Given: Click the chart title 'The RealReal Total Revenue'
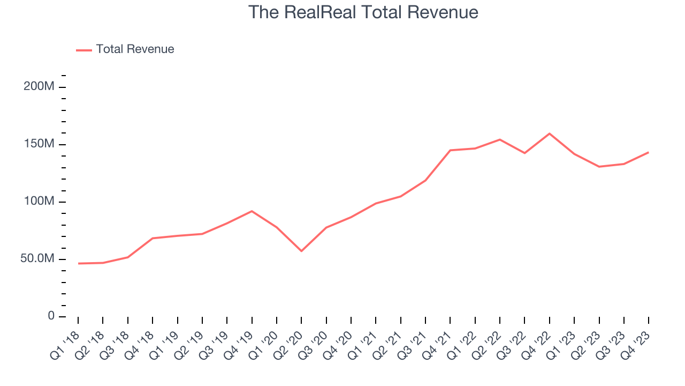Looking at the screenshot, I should (x=363, y=12).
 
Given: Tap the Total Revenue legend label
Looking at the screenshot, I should (x=135, y=49).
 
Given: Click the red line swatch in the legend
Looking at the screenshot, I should (x=84, y=50).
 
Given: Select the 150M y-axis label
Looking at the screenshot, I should (x=39, y=144).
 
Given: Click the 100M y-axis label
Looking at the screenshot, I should (x=39, y=202).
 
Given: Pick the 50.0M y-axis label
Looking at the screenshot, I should (x=37, y=259).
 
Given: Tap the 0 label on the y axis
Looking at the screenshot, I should (x=51, y=316).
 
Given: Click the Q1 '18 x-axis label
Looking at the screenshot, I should (x=66, y=343).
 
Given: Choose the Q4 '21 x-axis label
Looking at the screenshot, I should (x=438, y=343).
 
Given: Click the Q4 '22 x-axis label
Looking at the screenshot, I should (x=538, y=343).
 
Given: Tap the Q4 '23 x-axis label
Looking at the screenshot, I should (x=637, y=343).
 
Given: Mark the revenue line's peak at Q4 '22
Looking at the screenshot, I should (x=550, y=133).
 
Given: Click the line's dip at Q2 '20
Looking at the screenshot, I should (x=301, y=251).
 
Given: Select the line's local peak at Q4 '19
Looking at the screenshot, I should (x=252, y=211).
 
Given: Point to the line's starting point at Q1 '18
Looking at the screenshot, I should (x=78, y=263).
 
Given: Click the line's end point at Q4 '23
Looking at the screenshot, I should (x=649, y=152).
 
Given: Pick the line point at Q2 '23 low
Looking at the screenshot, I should (x=599, y=167).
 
